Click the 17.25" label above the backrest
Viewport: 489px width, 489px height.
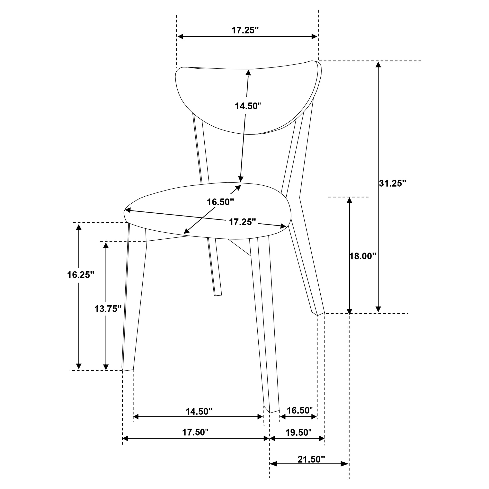click(x=245, y=30)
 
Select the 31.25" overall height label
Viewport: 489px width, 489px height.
click(x=392, y=183)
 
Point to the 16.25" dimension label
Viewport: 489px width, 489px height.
click(x=80, y=275)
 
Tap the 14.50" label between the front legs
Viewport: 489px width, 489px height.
click(x=199, y=412)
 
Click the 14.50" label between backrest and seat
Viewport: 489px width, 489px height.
click(x=248, y=106)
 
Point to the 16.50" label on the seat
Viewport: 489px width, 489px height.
click(x=220, y=202)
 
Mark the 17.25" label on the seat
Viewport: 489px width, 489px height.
click(x=242, y=222)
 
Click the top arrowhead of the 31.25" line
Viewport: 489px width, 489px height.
click(x=378, y=64)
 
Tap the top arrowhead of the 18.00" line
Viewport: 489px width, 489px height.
click(x=349, y=200)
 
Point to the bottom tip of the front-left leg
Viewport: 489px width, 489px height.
click(x=127, y=370)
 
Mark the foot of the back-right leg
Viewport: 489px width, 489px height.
click(x=321, y=313)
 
